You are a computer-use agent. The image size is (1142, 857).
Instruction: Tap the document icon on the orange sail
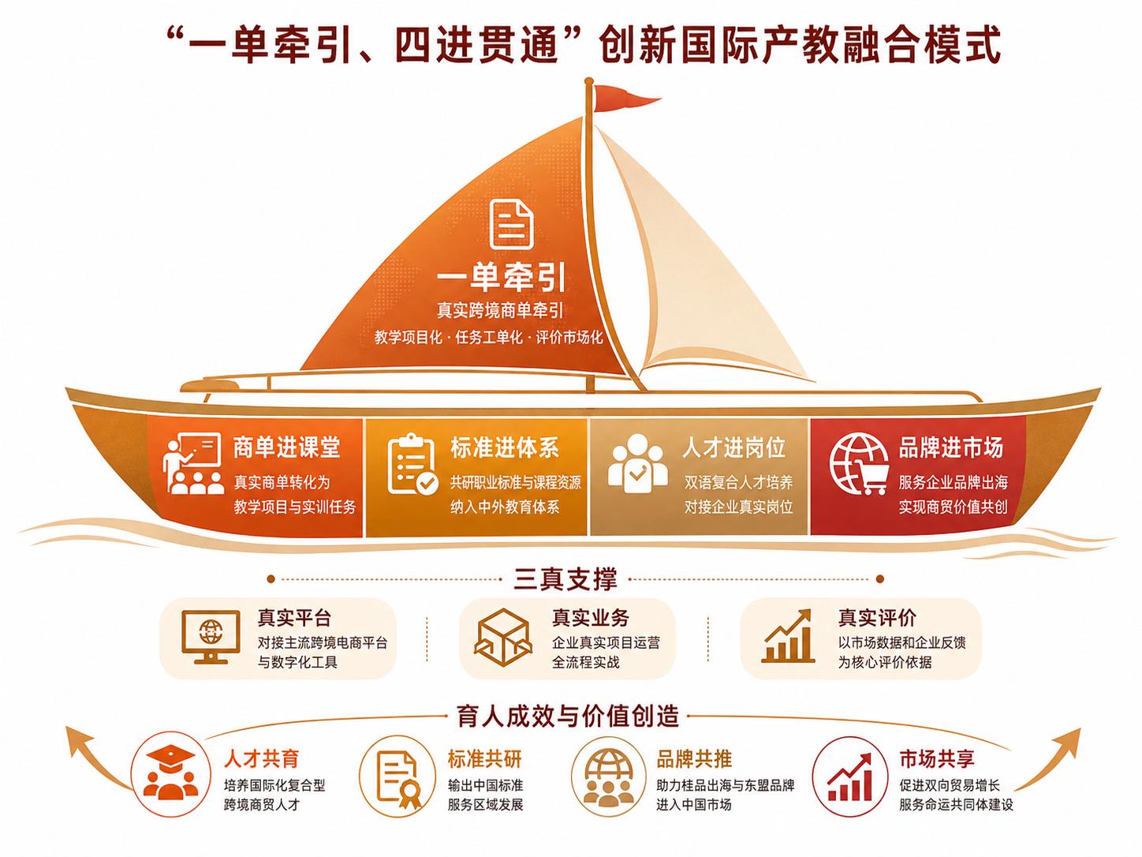pyautogui.click(x=511, y=224)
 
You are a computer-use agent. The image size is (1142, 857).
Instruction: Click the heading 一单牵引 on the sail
pyautogui.click(x=501, y=279)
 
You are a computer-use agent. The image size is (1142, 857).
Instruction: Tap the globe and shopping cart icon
pyautogui.click(x=859, y=464)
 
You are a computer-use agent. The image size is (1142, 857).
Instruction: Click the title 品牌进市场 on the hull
pyautogui.click(x=950, y=447)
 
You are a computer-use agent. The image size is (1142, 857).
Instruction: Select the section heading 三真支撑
pyautogui.click(x=565, y=578)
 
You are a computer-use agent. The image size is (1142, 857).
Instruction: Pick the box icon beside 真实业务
pyautogui.click(x=503, y=638)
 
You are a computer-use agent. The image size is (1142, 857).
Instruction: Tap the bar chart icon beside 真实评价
pyautogui.click(x=788, y=636)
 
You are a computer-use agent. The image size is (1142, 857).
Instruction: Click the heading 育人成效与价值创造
pyautogui.click(x=568, y=716)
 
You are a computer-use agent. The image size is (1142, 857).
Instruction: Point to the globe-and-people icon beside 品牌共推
pyautogui.click(x=609, y=777)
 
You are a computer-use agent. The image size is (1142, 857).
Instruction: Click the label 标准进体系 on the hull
pyautogui.click(x=505, y=447)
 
